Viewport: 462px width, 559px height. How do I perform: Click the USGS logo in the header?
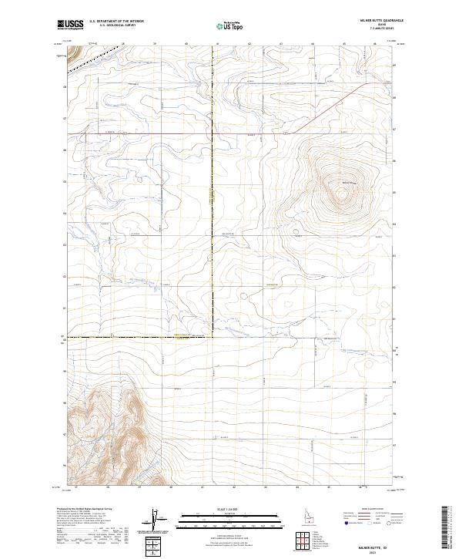click(x=70, y=25)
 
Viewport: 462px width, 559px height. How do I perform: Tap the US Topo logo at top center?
click(x=230, y=25)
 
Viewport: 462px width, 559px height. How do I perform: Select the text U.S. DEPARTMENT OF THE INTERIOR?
click(x=116, y=22)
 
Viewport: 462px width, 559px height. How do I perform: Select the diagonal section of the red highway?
click(x=331, y=108)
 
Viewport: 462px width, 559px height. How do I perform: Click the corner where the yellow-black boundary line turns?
click(x=213, y=337)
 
